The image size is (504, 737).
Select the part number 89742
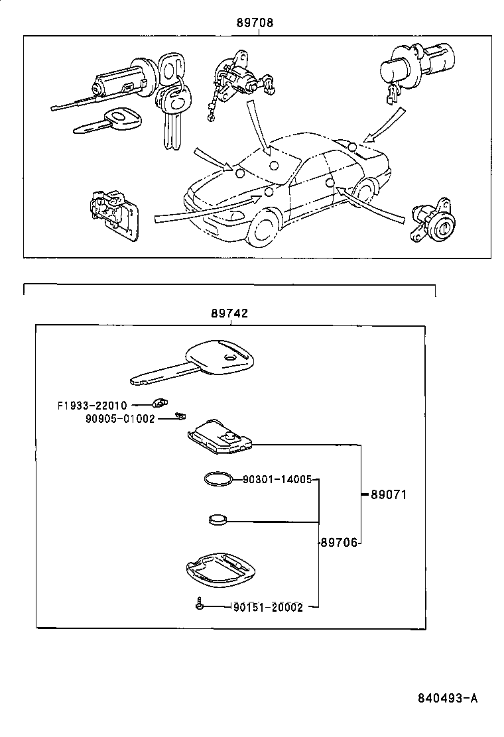pos(229,313)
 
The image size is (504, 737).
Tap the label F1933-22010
pos(92,405)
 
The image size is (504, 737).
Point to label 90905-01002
pos(119,418)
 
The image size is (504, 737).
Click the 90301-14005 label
pos(277,479)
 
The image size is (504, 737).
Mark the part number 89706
pos(339,542)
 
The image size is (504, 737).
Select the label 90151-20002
pos(267,607)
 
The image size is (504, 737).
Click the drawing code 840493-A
pos(448,699)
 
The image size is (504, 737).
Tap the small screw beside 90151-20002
pos(199,604)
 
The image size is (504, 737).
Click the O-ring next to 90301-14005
pos(218,480)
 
